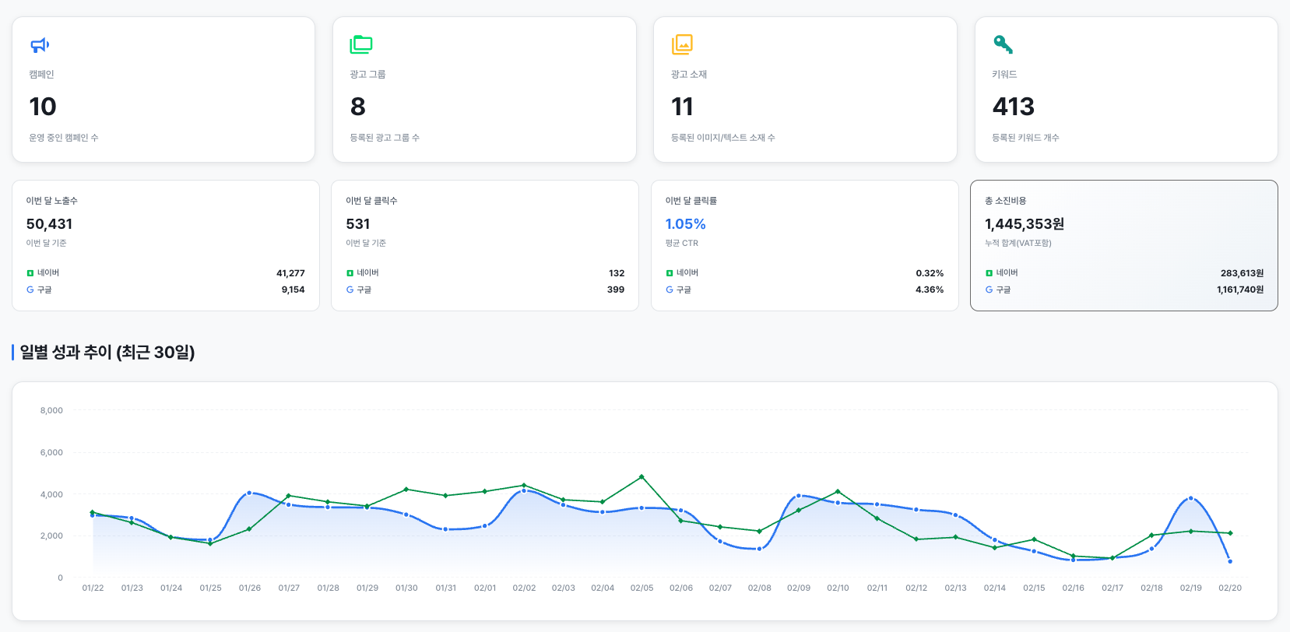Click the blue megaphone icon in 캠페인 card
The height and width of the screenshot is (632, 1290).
tap(40, 45)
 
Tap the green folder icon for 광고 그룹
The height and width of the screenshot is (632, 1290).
tap(361, 44)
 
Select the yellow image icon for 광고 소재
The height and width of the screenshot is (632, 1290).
tap(682, 44)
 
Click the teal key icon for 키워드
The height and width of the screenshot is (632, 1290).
tap(1003, 44)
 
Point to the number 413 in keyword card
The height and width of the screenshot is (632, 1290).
tap(1013, 107)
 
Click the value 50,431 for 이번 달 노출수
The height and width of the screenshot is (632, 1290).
tap(49, 224)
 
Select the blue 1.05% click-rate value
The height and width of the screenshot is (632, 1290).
tap(685, 224)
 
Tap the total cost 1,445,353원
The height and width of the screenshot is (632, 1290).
tap(1024, 224)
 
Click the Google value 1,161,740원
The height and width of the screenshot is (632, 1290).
tap(1239, 290)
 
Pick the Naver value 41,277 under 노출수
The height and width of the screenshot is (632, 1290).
tap(290, 273)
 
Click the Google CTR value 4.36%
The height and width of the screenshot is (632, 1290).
tap(929, 290)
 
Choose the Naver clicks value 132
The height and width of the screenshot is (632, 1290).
tap(617, 273)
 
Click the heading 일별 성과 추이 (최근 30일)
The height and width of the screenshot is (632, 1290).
tap(107, 353)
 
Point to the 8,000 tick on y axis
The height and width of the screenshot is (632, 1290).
tap(51, 410)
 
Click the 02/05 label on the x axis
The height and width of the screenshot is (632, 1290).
tap(641, 588)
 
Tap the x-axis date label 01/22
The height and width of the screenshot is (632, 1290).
tap(93, 588)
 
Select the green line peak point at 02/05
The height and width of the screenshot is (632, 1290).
tap(641, 476)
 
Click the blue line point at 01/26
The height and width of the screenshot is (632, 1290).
tap(249, 493)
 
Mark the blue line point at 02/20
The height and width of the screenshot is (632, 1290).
tap(1230, 561)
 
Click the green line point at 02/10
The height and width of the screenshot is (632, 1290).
tap(838, 491)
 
